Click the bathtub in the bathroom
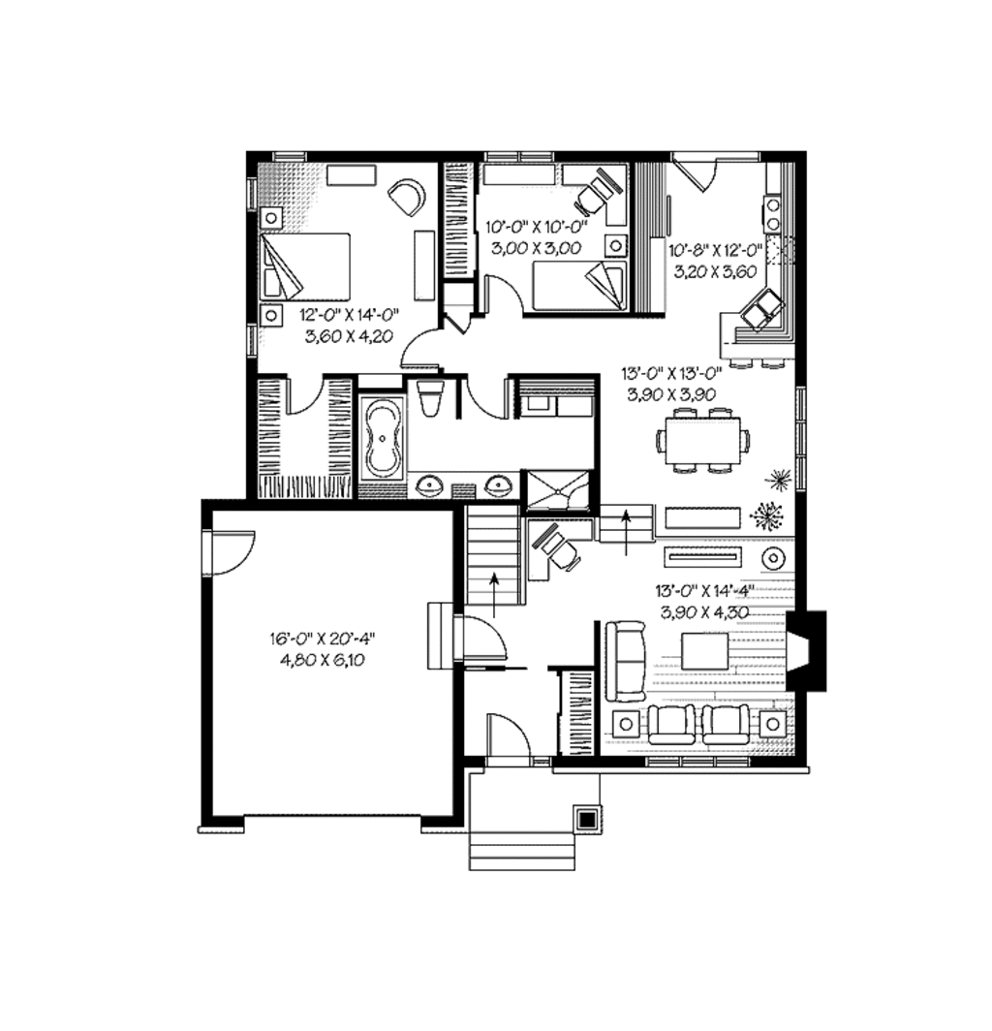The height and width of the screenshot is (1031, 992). coord(382,438)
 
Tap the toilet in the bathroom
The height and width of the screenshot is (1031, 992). coord(430,398)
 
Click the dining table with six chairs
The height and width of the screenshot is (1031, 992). coord(702,440)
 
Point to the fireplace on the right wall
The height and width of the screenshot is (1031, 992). coord(807,651)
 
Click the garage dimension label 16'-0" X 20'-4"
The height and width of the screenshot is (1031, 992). coord(322,638)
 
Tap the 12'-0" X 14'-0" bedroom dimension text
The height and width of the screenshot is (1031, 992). coord(349,314)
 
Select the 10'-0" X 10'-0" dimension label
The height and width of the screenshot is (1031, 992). coord(536,228)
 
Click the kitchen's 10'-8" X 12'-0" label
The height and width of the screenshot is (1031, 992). coord(715,250)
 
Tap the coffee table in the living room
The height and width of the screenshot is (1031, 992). coord(704,651)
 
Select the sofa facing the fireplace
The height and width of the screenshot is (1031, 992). coord(625,661)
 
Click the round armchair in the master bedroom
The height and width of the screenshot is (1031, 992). coord(408,197)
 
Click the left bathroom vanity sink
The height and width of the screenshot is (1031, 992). coord(430,485)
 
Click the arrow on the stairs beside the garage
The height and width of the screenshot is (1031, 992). coord(493,595)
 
